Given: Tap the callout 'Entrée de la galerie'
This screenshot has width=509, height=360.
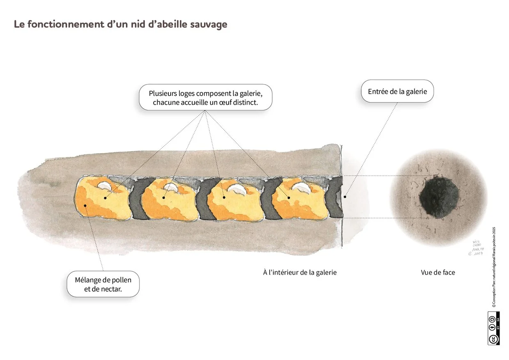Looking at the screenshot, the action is click(x=397, y=91).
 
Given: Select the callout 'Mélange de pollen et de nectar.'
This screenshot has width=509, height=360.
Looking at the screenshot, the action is click(x=103, y=285).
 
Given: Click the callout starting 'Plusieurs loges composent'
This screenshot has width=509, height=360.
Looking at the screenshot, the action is click(x=205, y=97).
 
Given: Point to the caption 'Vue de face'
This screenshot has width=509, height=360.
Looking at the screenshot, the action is click(x=438, y=272).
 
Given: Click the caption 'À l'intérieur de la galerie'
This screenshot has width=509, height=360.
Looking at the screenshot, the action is click(x=300, y=272).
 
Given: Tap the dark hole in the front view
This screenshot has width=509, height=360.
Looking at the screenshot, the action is click(x=438, y=197).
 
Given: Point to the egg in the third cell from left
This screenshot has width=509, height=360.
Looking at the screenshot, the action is click(x=237, y=189).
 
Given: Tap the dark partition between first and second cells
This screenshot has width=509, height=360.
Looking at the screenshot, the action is click(x=138, y=198).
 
